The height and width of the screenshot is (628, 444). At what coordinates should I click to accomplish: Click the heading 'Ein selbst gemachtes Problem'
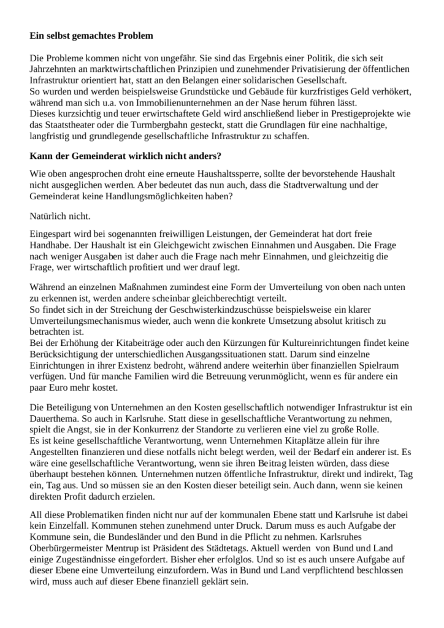91,36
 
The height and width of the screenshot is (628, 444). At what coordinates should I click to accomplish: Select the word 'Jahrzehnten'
53,69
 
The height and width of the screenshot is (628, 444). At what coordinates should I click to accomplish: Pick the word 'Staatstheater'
72,124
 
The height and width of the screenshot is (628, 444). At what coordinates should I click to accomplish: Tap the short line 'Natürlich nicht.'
59,216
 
